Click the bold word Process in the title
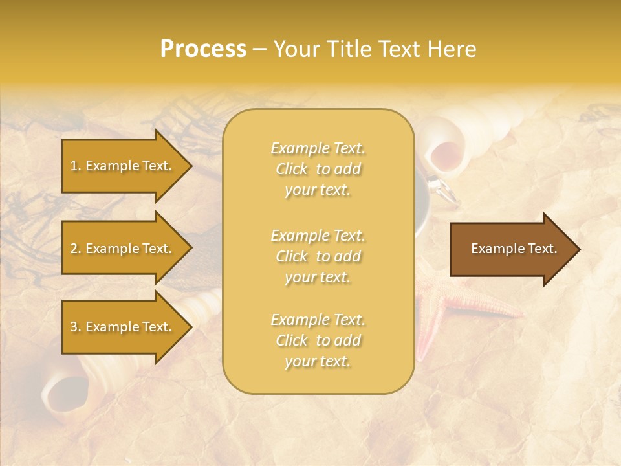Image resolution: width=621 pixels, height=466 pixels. point(203,49)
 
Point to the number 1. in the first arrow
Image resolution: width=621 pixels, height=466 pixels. point(76,166)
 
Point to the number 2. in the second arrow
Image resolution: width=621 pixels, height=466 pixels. point(76,249)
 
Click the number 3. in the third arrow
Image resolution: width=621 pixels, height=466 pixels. point(76,327)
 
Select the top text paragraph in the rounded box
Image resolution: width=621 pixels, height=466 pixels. point(318,169)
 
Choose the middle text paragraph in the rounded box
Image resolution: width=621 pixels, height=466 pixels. point(318,256)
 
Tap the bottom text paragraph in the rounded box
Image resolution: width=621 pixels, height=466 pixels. point(318,340)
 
